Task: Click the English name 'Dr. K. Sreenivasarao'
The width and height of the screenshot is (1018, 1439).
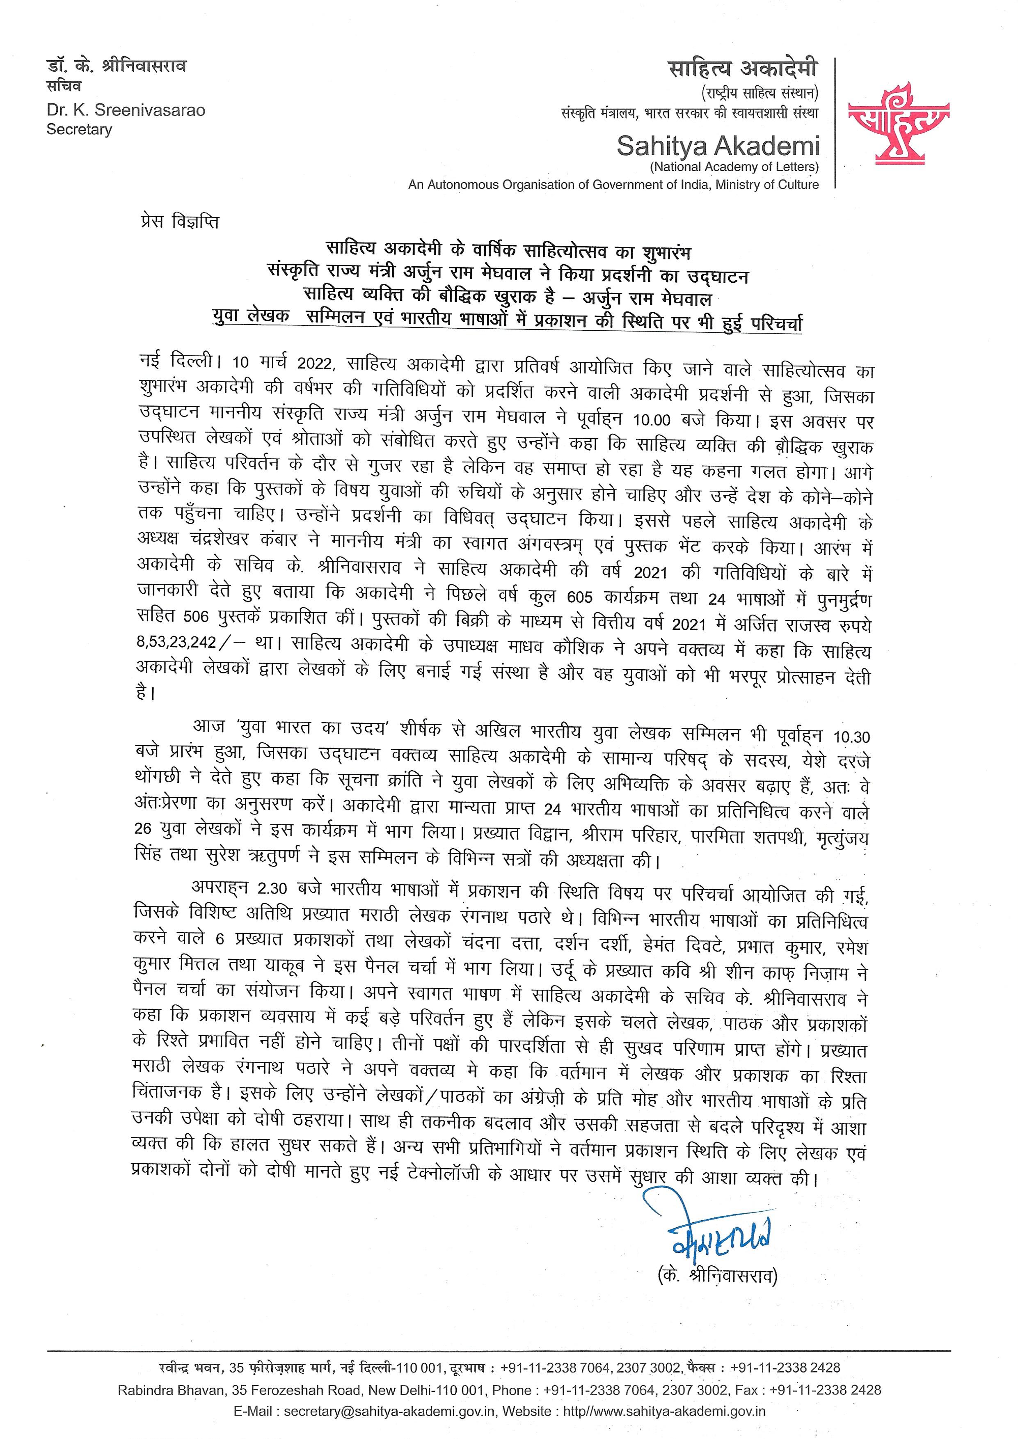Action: click(126, 111)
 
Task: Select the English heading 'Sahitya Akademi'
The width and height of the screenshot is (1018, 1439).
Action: click(718, 146)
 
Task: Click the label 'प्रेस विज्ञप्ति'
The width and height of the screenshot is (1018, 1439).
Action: click(179, 222)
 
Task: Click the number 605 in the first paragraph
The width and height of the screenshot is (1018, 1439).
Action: click(579, 597)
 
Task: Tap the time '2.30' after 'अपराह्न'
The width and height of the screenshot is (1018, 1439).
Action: click(272, 889)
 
